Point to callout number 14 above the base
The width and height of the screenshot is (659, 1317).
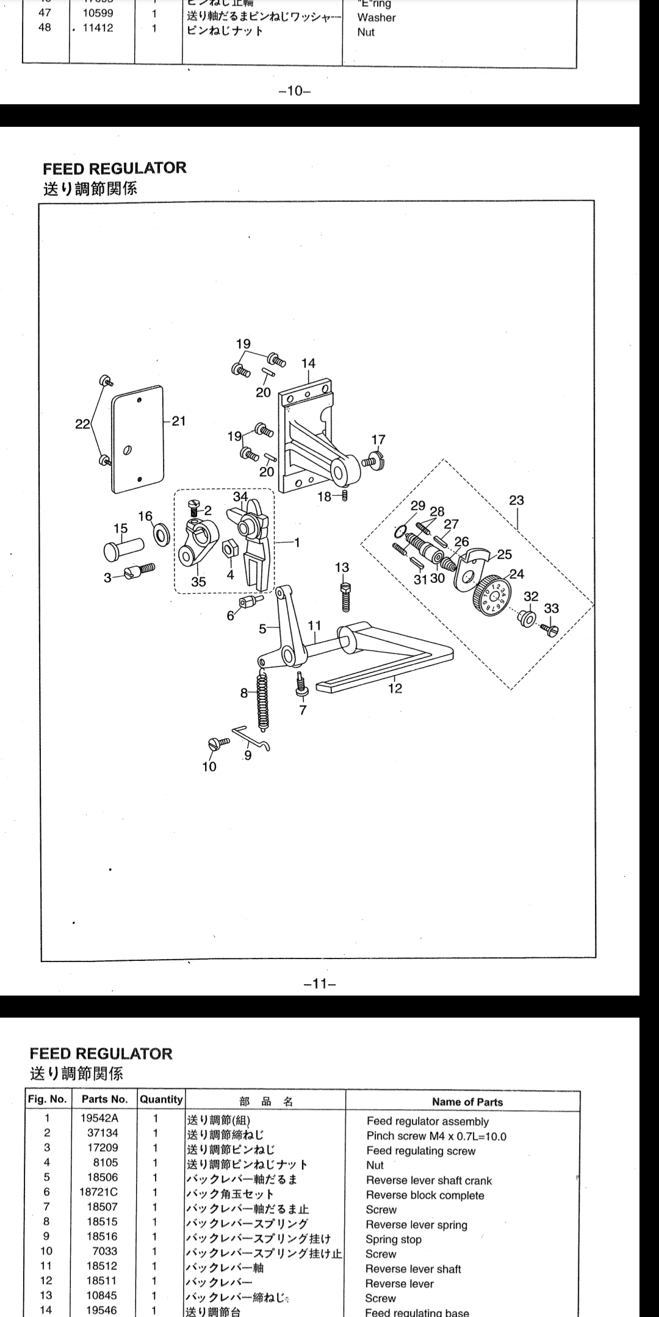(308, 363)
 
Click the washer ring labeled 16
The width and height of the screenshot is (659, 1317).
(162, 535)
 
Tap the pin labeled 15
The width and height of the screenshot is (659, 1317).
(120, 548)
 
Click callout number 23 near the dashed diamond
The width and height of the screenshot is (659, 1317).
(516, 500)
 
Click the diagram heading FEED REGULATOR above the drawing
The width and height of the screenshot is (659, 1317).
(114, 168)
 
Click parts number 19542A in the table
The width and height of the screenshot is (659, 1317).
(99, 1118)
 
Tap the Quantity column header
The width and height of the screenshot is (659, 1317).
(161, 1099)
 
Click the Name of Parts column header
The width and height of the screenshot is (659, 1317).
(467, 1102)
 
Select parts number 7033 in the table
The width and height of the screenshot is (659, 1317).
(104, 1251)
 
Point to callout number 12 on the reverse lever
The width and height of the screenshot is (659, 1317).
(395, 688)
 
